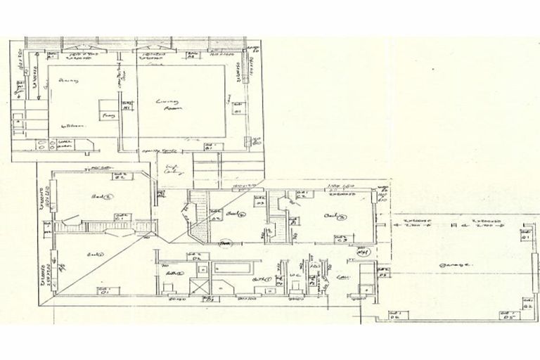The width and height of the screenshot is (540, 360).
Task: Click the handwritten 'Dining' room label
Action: [x=69, y=82]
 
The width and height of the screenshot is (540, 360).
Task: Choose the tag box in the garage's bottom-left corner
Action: [x=393, y=315]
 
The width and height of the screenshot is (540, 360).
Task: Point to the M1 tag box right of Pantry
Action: [x=127, y=108]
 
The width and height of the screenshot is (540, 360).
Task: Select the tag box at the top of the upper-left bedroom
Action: [x=120, y=176]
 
